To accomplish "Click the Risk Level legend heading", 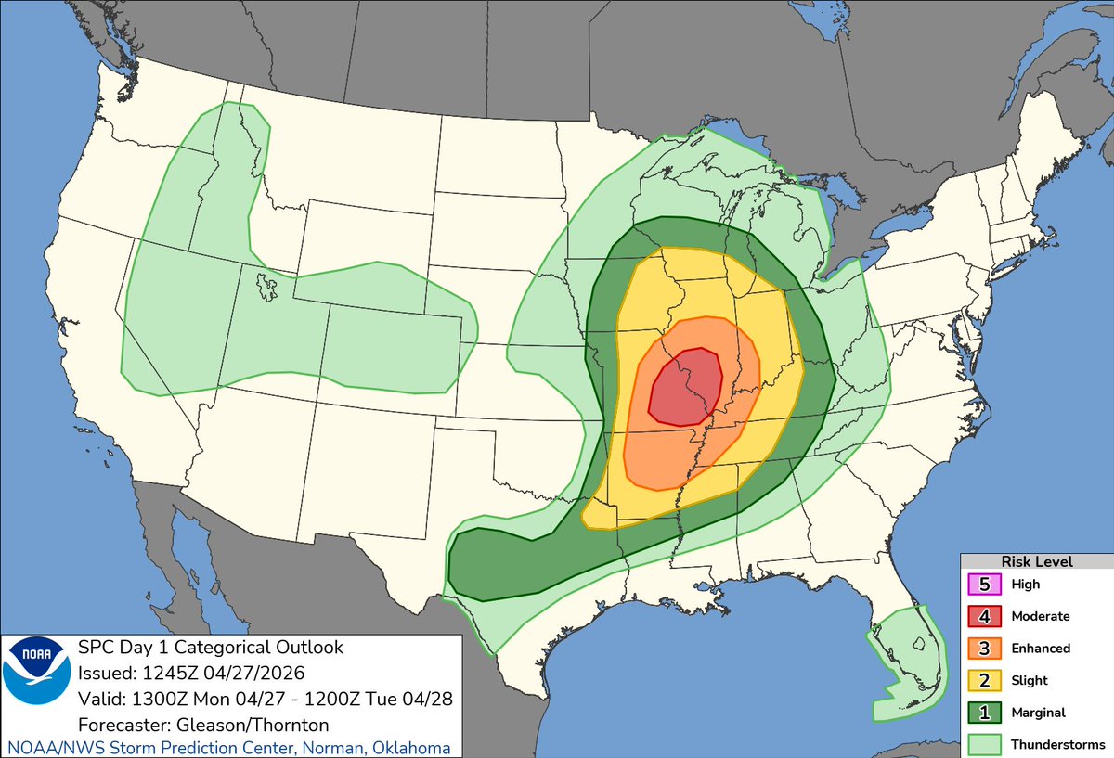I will click(1036, 561).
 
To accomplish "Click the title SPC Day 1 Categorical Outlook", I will click(211, 647).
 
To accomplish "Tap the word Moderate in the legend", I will click(1040, 616).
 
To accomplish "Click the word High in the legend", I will click(1026, 585).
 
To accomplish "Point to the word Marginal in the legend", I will click(1039, 713).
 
